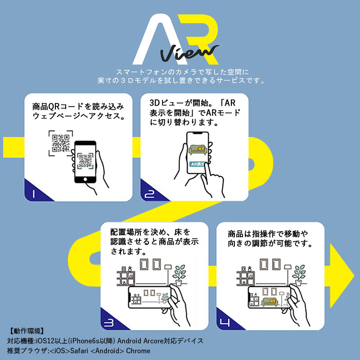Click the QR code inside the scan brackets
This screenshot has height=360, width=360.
61,143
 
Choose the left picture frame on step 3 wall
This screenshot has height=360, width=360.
145,265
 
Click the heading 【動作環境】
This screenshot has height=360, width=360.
26,331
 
